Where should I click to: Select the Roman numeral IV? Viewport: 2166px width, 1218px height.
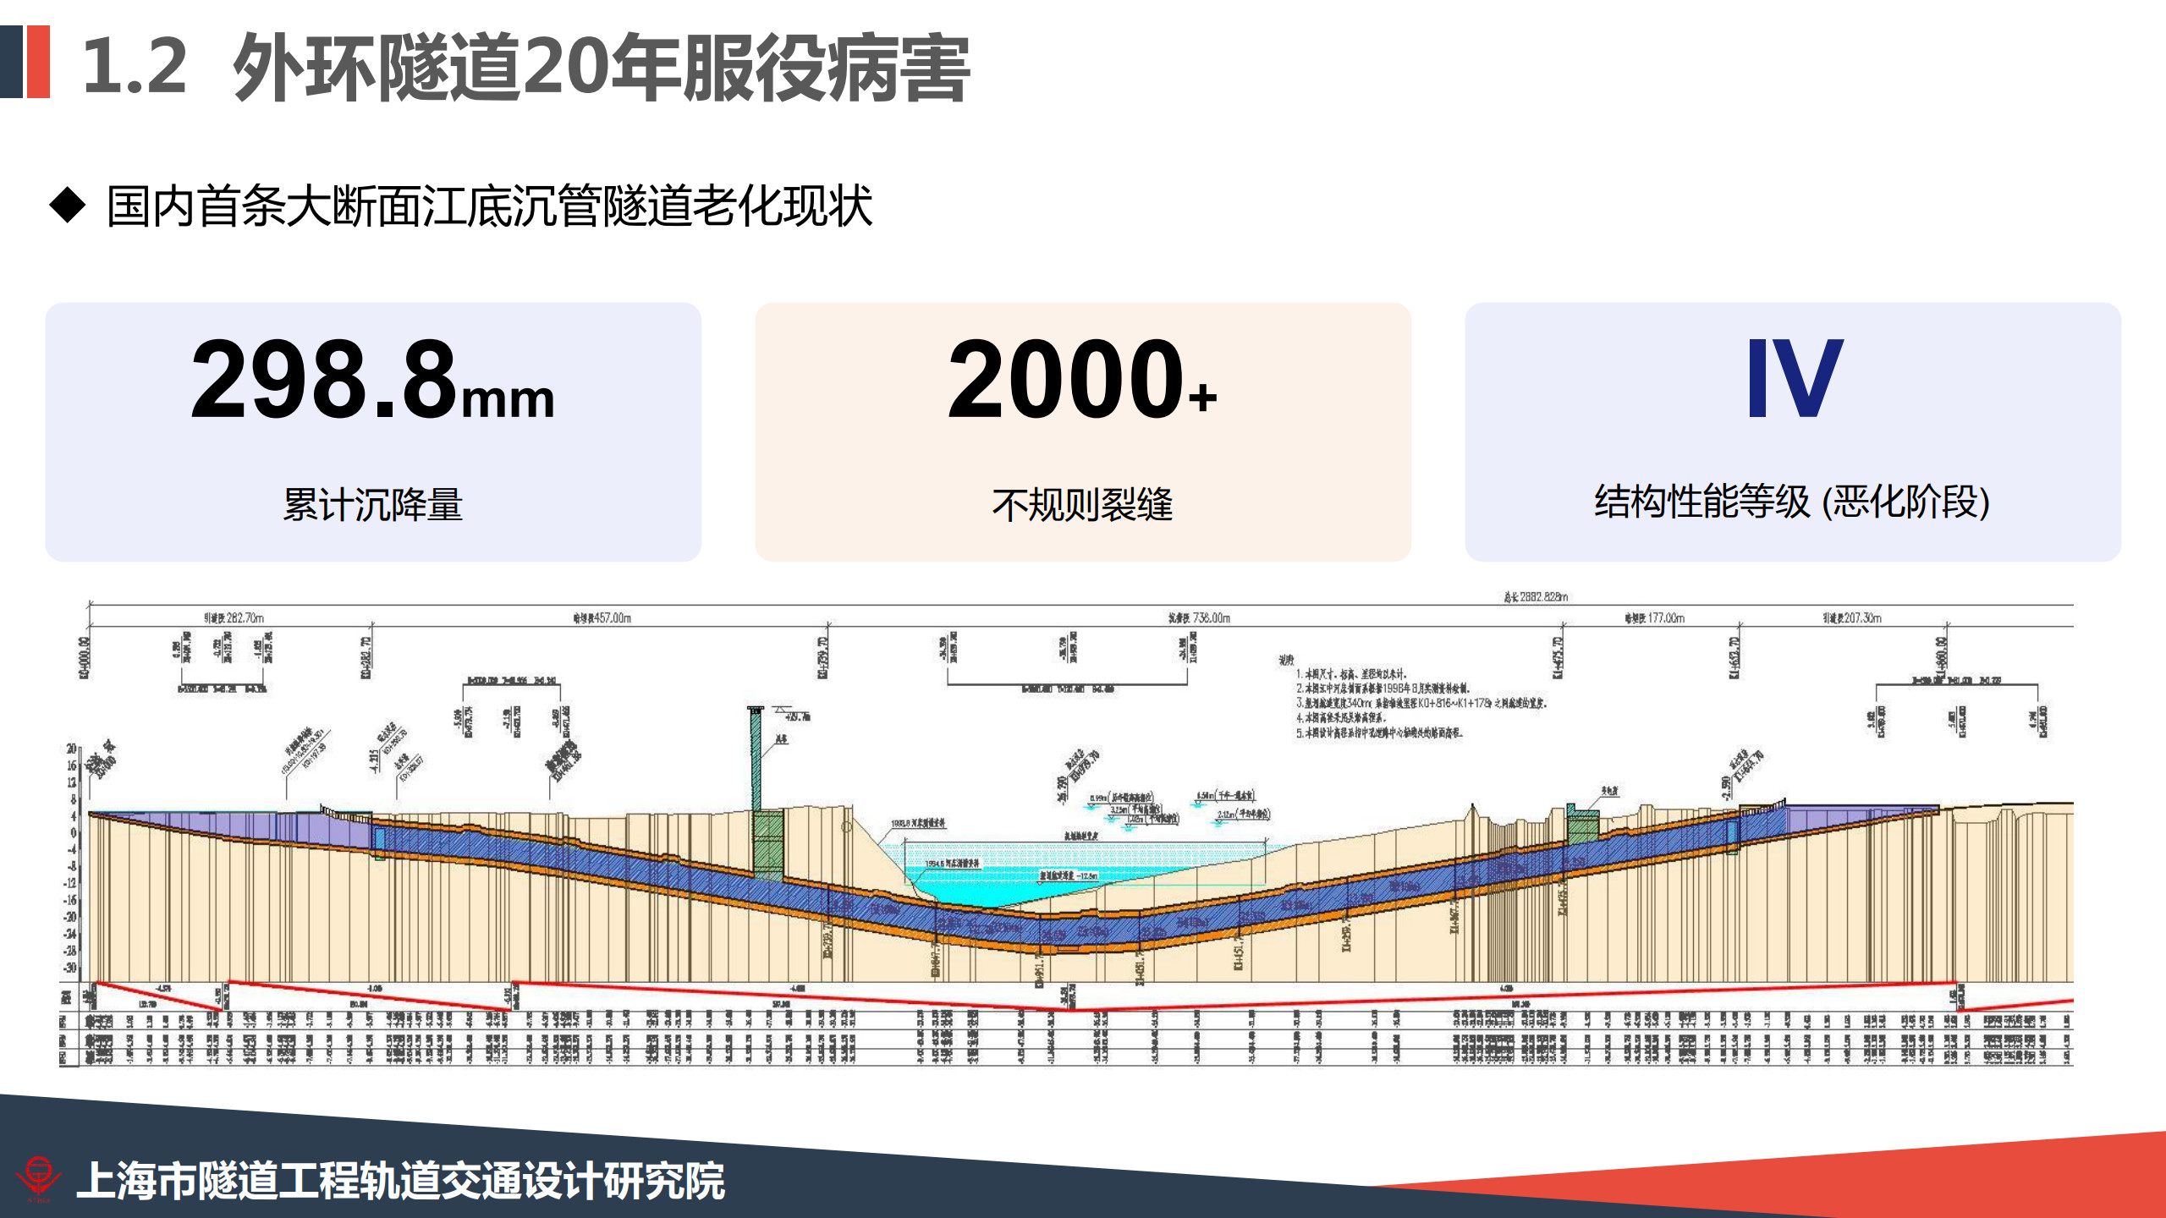[x=1794, y=378]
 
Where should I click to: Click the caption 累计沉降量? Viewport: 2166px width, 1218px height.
[x=372, y=505]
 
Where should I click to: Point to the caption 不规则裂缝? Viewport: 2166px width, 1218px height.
[x=1082, y=505]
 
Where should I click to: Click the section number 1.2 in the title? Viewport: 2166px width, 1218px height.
[x=135, y=66]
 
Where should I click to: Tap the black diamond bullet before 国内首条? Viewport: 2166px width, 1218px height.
[x=68, y=206]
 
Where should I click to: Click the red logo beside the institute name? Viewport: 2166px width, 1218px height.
[x=38, y=1177]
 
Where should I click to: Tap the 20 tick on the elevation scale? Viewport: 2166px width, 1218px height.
[x=72, y=749]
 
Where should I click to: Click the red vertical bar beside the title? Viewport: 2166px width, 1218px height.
[x=39, y=62]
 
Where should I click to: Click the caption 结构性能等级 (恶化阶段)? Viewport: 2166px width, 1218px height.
[x=1792, y=502]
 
